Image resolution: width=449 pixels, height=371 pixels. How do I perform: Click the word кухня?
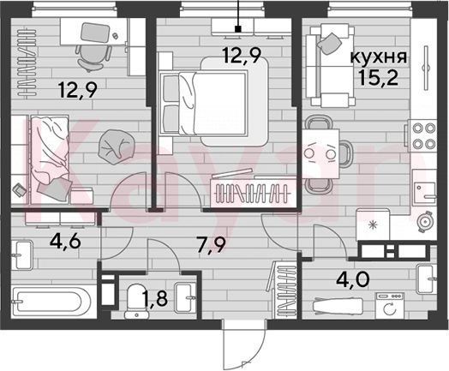[379, 57]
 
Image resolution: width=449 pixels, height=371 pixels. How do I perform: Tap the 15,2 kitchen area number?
[378, 78]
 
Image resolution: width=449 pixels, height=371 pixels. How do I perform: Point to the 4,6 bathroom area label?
[65, 242]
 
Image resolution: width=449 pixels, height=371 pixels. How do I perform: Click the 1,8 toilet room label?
[155, 298]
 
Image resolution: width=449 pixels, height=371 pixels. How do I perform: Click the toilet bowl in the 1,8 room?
[136, 301]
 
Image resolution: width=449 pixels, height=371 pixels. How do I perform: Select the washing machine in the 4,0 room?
[390, 305]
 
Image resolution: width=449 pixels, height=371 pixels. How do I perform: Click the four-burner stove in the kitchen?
[423, 136]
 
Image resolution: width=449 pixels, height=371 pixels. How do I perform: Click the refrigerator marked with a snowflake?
[372, 225]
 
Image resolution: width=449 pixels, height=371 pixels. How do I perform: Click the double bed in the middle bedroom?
[215, 103]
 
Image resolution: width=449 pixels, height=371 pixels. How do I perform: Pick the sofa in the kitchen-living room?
[330, 66]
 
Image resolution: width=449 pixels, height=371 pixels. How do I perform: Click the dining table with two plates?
[320, 154]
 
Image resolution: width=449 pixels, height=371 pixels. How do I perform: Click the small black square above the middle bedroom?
[237, 28]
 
